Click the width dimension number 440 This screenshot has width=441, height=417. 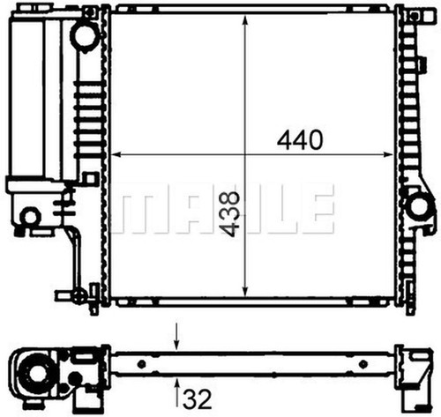pyautogui.click(x=300, y=140)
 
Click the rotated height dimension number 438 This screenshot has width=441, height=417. pyautogui.click(x=229, y=214)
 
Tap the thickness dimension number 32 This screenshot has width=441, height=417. pyautogui.click(x=198, y=399)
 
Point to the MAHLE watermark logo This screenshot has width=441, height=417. pyautogui.click(x=223, y=209)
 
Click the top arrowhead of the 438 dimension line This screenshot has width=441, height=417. pyautogui.click(x=245, y=20)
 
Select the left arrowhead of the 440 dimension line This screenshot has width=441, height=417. pyautogui.click(x=116, y=154)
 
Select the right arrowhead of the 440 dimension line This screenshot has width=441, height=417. pyautogui.click(x=387, y=154)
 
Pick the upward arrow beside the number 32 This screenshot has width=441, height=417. pyautogui.click(x=177, y=393)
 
